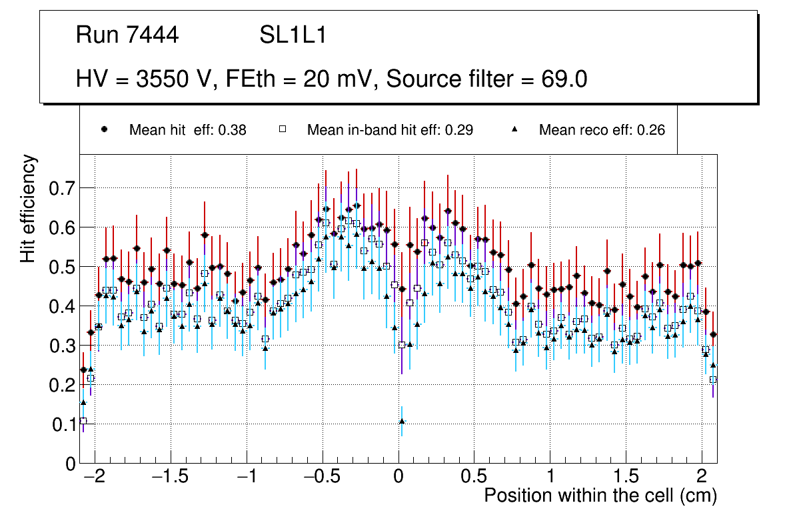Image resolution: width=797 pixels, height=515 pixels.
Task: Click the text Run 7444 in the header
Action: pyautogui.click(x=127, y=35)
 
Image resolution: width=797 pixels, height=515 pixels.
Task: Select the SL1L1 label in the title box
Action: pyautogui.click(x=293, y=35)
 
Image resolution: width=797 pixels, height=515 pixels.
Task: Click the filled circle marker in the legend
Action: pyautogui.click(x=104, y=130)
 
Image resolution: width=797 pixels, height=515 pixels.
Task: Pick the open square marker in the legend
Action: pyautogui.click(x=282, y=130)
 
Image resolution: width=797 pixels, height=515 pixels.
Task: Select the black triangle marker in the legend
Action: pyautogui.click(x=514, y=130)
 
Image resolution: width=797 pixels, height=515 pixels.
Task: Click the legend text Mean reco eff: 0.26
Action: pyautogui.click(x=601, y=130)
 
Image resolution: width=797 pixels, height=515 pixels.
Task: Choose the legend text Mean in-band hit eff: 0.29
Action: pyautogui.click(x=390, y=130)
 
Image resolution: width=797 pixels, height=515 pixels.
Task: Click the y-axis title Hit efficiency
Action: pyautogui.click(x=29, y=208)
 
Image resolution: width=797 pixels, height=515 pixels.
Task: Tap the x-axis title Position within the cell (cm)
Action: pyautogui.click(x=600, y=496)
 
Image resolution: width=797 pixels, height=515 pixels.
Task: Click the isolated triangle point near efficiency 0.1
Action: pyautogui.click(x=402, y=421)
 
